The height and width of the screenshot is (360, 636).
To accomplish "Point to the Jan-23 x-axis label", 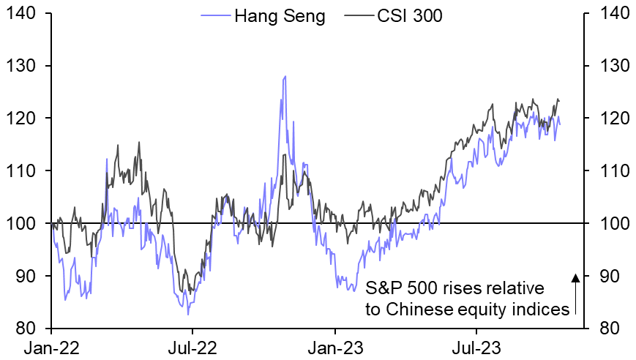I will (334, 346).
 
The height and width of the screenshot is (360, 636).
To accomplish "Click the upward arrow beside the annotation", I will (576, 293).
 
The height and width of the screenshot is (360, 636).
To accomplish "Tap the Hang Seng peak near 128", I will (285, 76).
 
